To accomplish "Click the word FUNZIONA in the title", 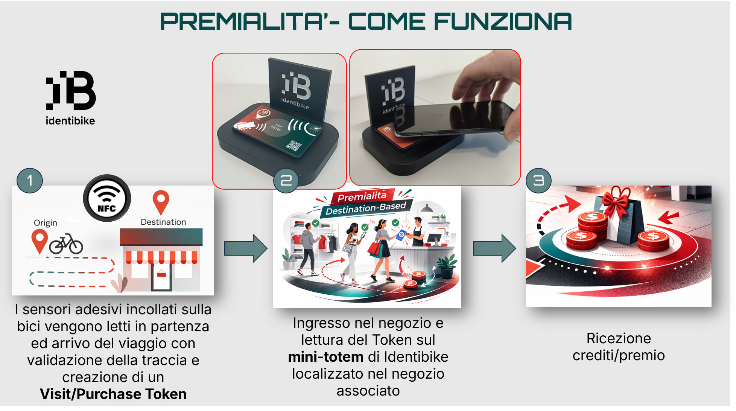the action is (x=503, y=21).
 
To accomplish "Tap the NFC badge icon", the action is (x=107, y=198).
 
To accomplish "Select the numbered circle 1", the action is (x=30, y=181).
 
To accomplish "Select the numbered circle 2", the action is (x=286, y=181).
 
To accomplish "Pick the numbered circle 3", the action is (x=538, y=181).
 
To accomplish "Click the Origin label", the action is (x=46, y=223).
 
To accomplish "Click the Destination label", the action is (x=163, y=222).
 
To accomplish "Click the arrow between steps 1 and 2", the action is (x=246, y=248).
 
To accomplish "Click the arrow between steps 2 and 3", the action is (x=494, y=248).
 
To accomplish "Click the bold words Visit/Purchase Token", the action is (x=113, y=394).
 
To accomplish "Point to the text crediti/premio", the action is (x=619, y=355).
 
